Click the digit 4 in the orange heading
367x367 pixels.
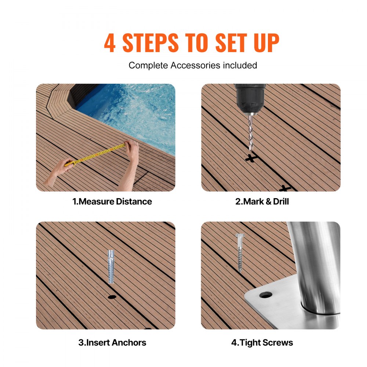110,43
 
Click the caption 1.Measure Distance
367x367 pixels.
112,201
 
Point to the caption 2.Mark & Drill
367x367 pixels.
262,201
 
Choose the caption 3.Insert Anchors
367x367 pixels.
112,343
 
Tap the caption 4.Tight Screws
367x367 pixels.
262,343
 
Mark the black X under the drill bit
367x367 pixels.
251,159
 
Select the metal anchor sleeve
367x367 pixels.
111,266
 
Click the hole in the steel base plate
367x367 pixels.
265,295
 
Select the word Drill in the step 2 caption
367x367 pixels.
281,201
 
